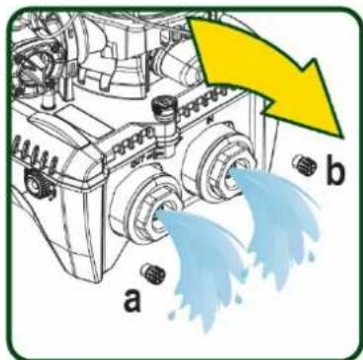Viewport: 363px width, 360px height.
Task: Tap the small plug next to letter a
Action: click(152, 273)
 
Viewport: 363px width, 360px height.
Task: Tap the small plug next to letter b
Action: click(305, 164)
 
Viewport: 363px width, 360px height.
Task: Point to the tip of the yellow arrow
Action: click(343, 137)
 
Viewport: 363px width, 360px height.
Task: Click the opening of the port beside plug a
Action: click(161, 216)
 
